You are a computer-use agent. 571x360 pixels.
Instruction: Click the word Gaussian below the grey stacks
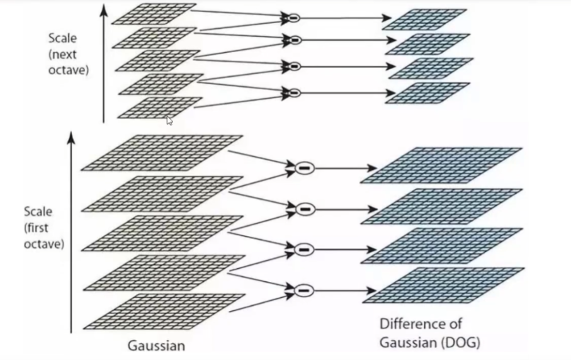tap(157, 345)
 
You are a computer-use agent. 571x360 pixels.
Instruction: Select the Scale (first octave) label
tap(44, 227)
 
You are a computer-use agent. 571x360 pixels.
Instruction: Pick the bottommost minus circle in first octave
tap(303, 290)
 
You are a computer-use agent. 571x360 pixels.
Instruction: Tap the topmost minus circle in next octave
tap(293, 17)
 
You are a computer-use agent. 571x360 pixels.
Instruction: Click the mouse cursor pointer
tap(169, 120)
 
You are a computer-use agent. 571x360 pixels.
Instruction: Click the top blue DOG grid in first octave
tap(441, 166)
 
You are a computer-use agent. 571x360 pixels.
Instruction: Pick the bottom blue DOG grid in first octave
tap(443, 284)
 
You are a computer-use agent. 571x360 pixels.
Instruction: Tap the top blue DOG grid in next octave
tap(425, 19)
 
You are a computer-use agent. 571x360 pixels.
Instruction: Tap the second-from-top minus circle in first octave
tap(305, 208)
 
